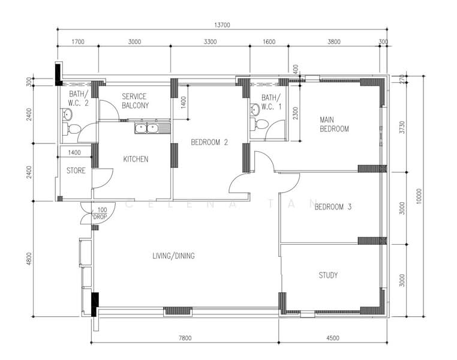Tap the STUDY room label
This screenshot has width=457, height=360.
pos(327,275)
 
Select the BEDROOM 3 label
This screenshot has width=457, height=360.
pos(333,207)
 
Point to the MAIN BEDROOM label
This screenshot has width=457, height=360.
pos(334,124)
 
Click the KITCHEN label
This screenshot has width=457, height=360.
pos(136,159)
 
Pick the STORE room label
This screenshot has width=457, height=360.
pos(76,170)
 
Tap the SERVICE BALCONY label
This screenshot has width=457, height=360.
pos(135,100)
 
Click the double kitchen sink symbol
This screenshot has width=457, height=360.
pos(146,128)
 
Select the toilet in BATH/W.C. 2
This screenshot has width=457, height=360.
pos(74,129)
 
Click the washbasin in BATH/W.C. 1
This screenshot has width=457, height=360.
pos(255,109)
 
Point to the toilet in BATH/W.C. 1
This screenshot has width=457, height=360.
pos(261,125)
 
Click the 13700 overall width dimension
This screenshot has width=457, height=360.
pos(222,25)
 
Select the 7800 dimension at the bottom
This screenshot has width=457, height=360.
pos(185,338)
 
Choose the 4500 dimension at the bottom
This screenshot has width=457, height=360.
pos(333,338)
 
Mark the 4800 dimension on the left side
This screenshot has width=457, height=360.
pos(28,259)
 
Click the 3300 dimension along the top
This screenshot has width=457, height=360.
pos(210,42)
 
